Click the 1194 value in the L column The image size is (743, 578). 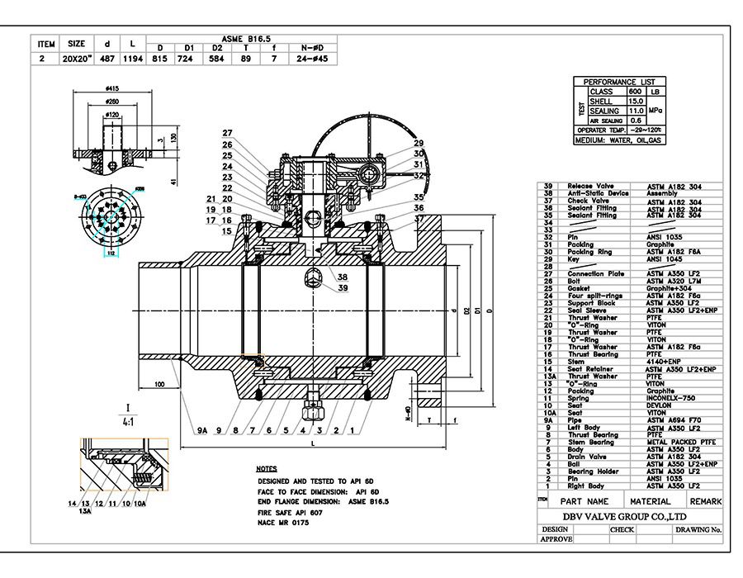(x=133, y=59)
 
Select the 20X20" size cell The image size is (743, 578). (x=77, y=59)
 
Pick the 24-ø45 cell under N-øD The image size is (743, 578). (x=313, y=59)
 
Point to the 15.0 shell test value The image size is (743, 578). (x=636, y=101)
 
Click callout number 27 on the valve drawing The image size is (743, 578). (x=227, y=133)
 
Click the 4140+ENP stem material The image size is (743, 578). (x=662, y=362)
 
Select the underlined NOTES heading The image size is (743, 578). (x=267, y=468)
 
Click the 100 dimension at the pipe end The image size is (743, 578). (x=159, y=385)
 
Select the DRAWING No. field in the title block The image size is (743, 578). (x=698, y=529)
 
